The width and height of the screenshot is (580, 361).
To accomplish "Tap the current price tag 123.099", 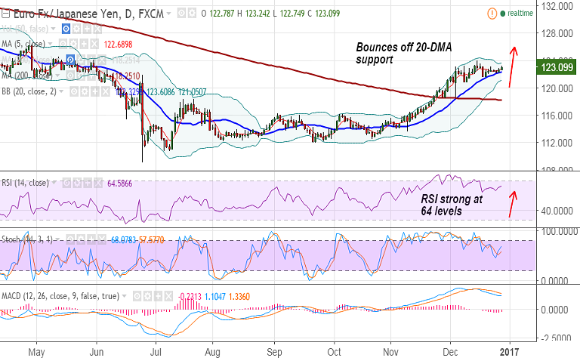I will point(555,69).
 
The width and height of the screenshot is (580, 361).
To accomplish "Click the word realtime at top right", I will point(521,13).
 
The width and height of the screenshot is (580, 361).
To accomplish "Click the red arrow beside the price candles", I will point(511,66).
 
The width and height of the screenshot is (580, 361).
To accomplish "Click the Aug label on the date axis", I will point(213,351).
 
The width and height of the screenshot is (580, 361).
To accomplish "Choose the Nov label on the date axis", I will point(390,351).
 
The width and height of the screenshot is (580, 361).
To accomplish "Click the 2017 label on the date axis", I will point(510,351).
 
